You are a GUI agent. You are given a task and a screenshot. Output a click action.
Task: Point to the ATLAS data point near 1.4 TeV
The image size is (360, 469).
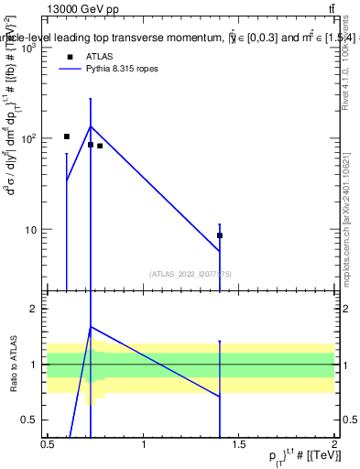coord(220,235)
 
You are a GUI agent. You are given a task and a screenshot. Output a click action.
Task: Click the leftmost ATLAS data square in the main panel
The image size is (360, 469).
coord(67,136)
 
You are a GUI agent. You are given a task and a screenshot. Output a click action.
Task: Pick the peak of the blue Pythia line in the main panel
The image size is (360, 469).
coord(91,126)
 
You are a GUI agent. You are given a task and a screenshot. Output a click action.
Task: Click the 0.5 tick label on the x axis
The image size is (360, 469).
coord(48,445)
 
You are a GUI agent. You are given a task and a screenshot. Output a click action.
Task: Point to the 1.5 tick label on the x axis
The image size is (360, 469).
coord(239,445)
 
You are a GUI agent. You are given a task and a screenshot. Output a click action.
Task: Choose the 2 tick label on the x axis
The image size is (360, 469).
coord(334,445)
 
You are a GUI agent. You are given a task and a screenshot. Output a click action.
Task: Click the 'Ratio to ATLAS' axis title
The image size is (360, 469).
coord(15,365)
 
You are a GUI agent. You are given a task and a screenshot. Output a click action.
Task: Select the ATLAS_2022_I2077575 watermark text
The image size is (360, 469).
coord(191,273)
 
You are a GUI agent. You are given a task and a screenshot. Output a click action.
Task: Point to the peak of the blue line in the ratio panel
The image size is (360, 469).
coord(91,327)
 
